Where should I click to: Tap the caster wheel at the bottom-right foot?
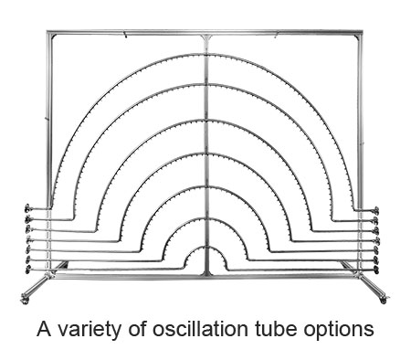coord(385,298)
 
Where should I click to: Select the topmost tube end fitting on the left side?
coord(27,208)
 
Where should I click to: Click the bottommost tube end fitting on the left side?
coord(27,270)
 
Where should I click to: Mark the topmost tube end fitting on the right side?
coord(376,210)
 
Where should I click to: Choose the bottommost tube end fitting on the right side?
coord(376,270)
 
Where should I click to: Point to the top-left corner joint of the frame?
coord(49,33)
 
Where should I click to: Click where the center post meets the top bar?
coord(206,35)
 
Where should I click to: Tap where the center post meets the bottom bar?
coord(206,273)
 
